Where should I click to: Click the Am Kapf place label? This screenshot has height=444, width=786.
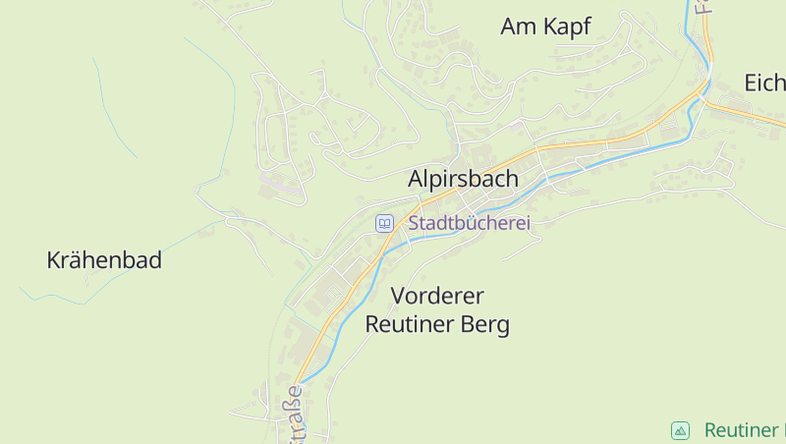[x=545, y=27]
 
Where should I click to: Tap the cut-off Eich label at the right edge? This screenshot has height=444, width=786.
[x=764, y=83]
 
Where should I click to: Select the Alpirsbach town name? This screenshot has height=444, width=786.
[x=463, y=180]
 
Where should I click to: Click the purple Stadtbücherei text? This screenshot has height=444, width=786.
[x=470, y=223]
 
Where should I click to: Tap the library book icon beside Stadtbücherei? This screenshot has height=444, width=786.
[x=384, y=223]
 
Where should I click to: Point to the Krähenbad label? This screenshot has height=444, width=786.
[x=104, y=260]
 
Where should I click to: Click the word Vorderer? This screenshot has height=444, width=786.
[x=438, y=296]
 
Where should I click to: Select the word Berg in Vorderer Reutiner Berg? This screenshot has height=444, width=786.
[x=485, y=324]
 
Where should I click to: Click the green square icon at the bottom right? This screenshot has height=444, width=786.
[x=680, y=430]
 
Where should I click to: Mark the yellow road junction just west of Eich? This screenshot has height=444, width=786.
[x=705, y=100]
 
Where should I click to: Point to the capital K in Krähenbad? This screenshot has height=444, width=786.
[x=54, y=260]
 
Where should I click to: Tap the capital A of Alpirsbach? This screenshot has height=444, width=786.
[x=416, y=180]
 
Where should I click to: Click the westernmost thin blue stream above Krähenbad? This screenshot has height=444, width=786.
[x=113, y=108]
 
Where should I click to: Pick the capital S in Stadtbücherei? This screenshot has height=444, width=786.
[x=415, y=223]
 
